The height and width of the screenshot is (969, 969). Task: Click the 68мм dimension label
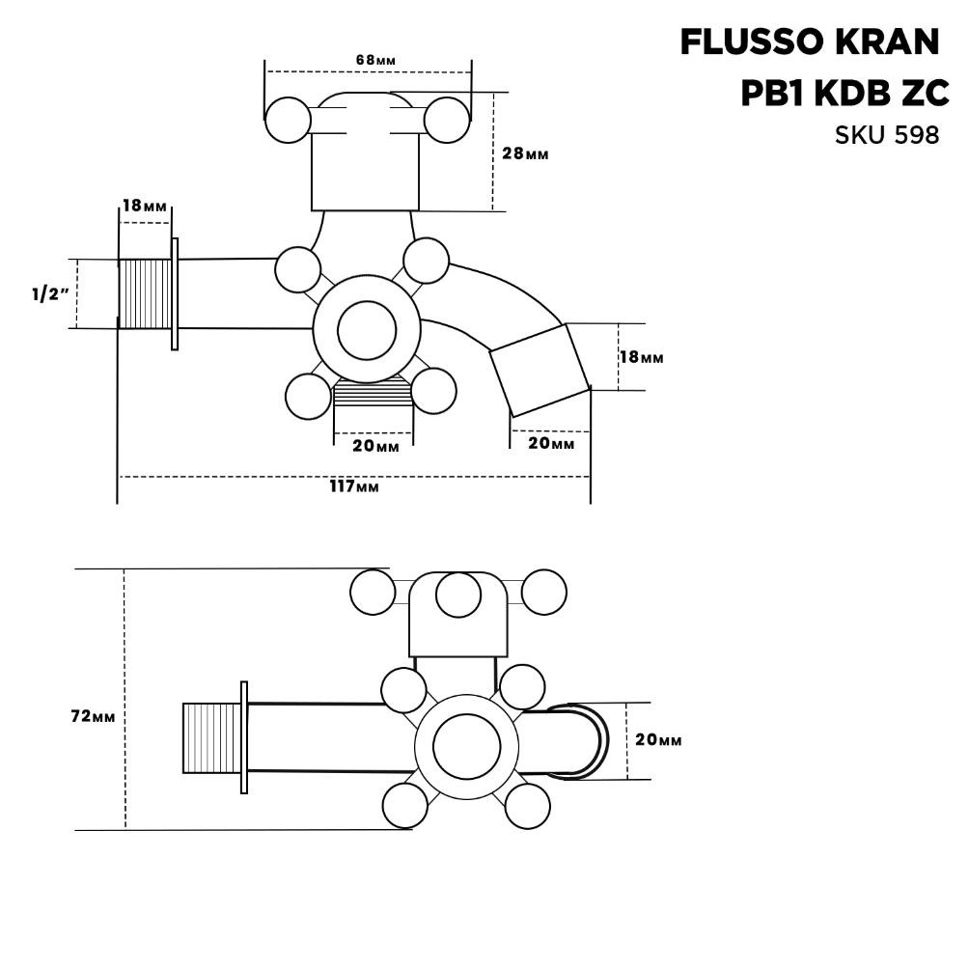click(375, 60)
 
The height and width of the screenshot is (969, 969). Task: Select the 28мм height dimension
click(525, 153)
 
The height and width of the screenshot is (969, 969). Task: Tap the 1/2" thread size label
click(49, 294)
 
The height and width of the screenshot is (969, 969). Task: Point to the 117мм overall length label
click(354, 486)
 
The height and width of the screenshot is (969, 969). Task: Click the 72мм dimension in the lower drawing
click(95, 716)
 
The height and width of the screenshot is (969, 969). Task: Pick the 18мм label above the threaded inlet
click(144, 206)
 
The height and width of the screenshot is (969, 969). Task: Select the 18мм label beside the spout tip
click(641, 357)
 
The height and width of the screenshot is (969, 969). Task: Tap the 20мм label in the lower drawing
click(658, 739)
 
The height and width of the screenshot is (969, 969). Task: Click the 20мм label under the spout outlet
click(551, 443)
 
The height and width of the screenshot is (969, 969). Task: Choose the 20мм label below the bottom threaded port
click(375, 446)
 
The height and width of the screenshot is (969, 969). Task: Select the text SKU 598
click(886, 135)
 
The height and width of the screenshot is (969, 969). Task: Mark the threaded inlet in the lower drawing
click(211, 738)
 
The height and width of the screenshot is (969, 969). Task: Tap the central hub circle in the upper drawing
click(366, 330)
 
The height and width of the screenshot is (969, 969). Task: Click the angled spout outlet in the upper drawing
click(540, 370)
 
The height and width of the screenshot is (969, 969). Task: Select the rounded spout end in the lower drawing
click(584, 740)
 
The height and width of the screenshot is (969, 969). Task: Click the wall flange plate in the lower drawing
click(244, 737)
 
